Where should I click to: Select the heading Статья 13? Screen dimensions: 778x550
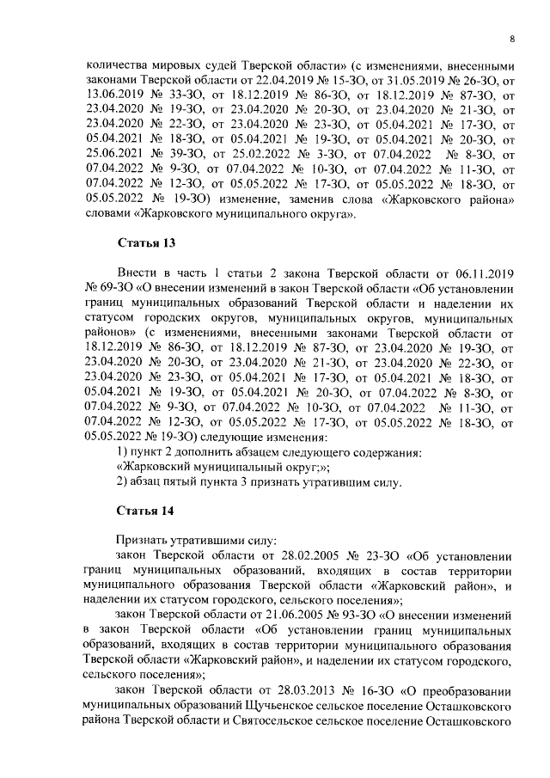click(x=145, y=243)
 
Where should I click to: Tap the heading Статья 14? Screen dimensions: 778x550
click(x=145, y=510)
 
